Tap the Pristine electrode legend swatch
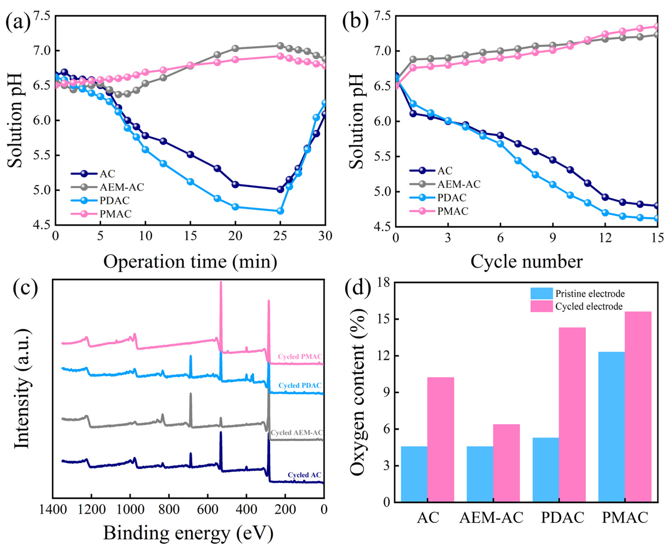coord(541,293)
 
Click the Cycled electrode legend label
coord(589,306)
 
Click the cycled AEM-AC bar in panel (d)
coord(506,463)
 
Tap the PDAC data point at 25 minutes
coord(280,211)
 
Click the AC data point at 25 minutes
coord(280,189)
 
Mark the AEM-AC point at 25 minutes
coord(280,46)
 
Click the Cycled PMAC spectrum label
coord(300,357)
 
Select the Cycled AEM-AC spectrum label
coord(296,432)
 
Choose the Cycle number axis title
coord(526,262)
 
